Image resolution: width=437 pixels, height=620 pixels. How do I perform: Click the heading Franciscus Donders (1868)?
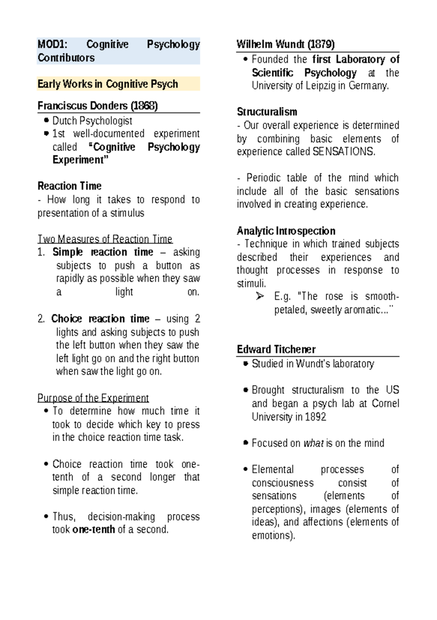point(98,106)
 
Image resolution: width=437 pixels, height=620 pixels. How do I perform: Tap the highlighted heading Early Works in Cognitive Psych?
point(108,84)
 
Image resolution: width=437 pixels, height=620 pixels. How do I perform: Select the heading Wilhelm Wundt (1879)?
point(286,44)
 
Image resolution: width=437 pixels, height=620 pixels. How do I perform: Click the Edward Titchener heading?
point(276,349)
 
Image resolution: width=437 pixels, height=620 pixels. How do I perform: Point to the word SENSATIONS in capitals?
point(343,152)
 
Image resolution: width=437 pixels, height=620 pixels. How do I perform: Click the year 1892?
point(315,417)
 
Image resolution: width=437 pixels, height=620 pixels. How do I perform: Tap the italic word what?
point(314,443)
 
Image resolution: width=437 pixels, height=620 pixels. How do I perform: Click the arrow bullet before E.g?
point(260,296)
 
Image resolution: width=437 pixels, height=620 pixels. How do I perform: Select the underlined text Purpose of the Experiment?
point(93,398)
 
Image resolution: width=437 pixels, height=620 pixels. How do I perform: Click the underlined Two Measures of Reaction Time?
point(105,239)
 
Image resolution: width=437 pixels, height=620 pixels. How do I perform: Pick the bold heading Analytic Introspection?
point(286,231)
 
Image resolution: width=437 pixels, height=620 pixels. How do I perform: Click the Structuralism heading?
point(267,112)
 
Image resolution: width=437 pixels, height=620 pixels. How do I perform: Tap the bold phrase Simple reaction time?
point(103,252)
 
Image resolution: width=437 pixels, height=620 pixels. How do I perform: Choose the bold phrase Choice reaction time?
point(100,319)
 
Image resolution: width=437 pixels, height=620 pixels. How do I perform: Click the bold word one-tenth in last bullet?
point(94,529)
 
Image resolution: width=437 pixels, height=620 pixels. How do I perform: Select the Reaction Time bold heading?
point(70,186)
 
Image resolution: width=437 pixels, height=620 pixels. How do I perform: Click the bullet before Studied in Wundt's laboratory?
point(246,364)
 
